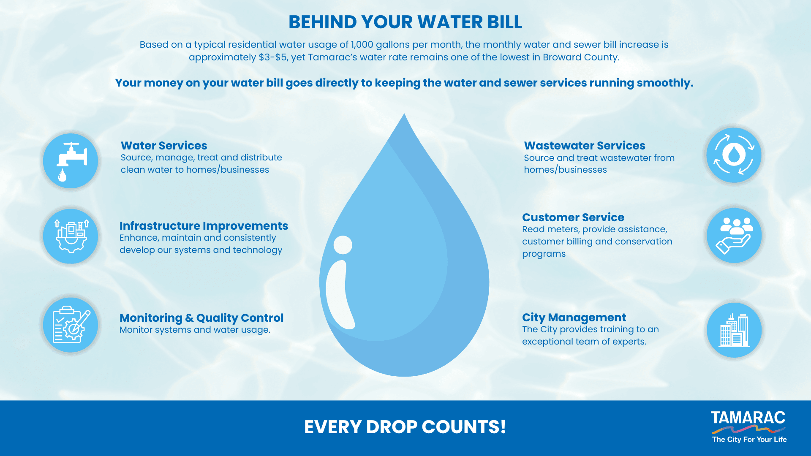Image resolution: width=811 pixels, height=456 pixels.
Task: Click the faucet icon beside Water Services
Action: click(x=71, y=161)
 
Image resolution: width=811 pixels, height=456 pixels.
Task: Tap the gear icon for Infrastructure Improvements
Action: click(x=71, y=236)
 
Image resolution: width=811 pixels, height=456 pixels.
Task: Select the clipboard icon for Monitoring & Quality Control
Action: click(x=71, y=325)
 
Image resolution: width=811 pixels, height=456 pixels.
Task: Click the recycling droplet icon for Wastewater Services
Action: click(x=734, y=155)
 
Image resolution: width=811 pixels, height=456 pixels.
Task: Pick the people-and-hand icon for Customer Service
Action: click(x=734, y=236)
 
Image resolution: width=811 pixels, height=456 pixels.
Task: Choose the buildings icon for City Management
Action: click(x=734, y=330)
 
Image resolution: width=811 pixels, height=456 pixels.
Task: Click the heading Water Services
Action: click(x=164, y=146)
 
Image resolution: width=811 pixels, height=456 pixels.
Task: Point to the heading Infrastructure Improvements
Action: click(x=204, y=226)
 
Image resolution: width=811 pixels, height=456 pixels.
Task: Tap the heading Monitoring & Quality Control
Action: click(x=201, y=318)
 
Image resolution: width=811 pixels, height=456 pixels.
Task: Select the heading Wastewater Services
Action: click(x=585, y=146)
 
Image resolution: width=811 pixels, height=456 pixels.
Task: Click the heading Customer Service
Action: click(x=573, y=217)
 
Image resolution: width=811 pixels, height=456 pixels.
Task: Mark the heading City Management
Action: click(x=574, y=318)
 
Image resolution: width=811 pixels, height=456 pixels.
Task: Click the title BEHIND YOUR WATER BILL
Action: click(x=405, y=22)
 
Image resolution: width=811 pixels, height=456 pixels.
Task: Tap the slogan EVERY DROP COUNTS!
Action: click(x=405, y=427)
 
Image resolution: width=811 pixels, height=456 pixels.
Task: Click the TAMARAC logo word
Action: click(x=748, y=418)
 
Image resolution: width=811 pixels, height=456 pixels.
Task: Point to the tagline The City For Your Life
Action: click(x=749, y=440)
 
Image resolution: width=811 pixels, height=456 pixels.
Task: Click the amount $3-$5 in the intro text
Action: click(x=273, y=57)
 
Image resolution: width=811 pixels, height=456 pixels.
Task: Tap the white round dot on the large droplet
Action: click(x=343, y=245)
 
